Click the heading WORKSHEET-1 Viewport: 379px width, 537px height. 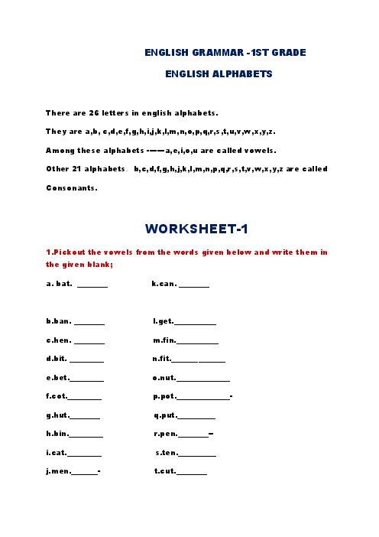pyautogui.click(x=196, y=229)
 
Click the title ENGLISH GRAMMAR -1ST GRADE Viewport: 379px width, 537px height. pyautogui.click(x=225, y=53)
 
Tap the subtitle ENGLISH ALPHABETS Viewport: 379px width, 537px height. pyautogui.click(x=219, y=74)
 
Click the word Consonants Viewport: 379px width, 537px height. pyautogui.click(x=72, y=187)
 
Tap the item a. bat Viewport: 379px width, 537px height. pyautogui.click(x=59, y=284)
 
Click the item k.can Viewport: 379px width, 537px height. pyautogui.click(x=164, y=284)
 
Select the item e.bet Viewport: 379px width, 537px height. pyautogui.click(x=57, y=377)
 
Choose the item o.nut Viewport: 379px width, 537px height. pyautogui.click(x=164, y=377)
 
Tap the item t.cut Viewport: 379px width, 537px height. pyautogui.click(x=165, y=471)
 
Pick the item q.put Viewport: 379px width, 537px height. pyautogui.click(x=165, y=415)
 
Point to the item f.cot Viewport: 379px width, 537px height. pyautogui.click(x=57, y=396)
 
